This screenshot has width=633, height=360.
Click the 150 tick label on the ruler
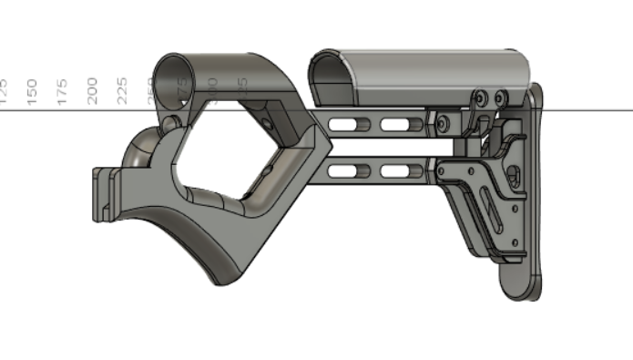[32, 91]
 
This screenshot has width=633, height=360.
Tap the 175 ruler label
[62, 91]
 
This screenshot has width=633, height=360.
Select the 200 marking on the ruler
[92, 91]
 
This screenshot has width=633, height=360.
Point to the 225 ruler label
[122, 91]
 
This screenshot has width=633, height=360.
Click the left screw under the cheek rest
[479, 97]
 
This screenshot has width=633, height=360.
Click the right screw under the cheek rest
[499, 97]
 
